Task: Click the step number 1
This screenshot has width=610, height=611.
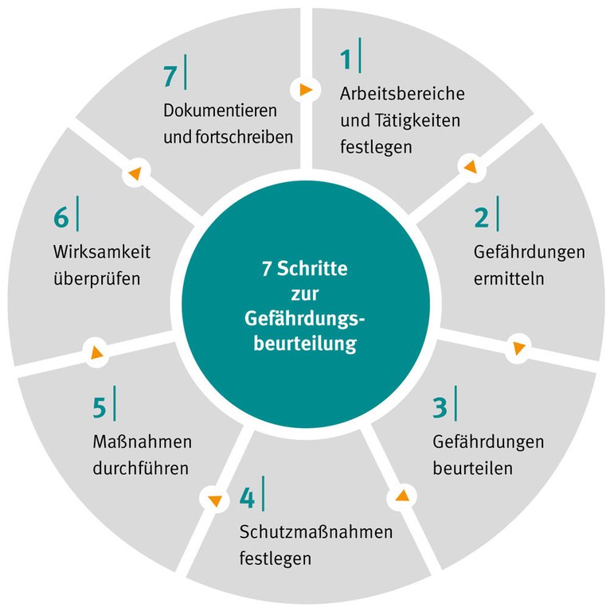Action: coord(346,60)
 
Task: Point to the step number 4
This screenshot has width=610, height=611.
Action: coord(247,499)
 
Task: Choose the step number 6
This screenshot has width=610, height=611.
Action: coord(62,218)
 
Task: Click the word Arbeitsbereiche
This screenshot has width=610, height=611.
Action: coord(401,92)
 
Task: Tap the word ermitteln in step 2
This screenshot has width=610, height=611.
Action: coord(509,280)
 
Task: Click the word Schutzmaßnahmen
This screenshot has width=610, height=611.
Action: coord(316,531)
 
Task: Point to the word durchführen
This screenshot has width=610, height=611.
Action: coord(140,467)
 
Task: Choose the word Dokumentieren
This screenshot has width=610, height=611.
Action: coord(220,108)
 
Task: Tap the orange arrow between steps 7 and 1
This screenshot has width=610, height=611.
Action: coord(305,90)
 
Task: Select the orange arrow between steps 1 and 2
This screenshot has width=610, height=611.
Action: coord(470,167)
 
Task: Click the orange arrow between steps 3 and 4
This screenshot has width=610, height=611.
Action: coord(401,496)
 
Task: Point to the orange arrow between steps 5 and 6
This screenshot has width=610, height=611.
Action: coord(96,351)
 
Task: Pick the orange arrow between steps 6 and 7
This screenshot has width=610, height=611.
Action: coord(135,173)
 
